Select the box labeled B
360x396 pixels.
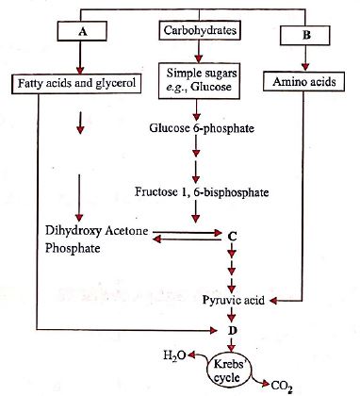tap(303, 35)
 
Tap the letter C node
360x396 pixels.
tap(232, 232)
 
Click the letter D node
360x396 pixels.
tap(232, 331)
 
